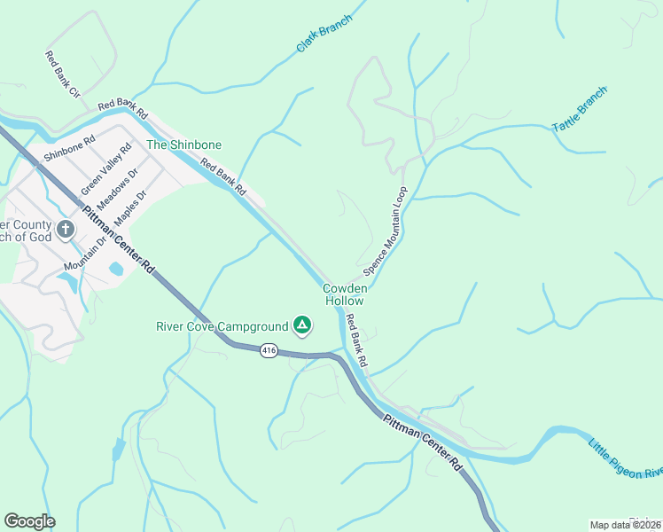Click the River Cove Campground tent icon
point(302,325)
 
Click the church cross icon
point(65,231)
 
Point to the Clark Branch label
point(324,32)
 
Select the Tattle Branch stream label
point(580,110)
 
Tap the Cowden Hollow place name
point(344,294)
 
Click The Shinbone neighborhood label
point(183,145)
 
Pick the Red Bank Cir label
point(62,74)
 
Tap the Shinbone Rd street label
point(68,152)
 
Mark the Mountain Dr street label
point(85,253)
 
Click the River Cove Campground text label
point(222,326)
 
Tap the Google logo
point(29,521)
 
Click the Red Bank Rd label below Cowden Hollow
point(356,343)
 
